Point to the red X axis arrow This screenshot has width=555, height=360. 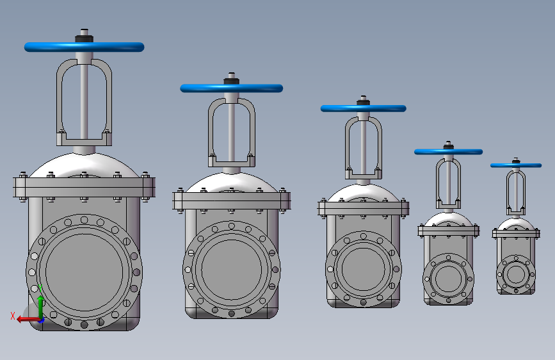point(28,320)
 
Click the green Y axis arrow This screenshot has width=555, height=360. point(40,306)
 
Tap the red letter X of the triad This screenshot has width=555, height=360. point(13,316)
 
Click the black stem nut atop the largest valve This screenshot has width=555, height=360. point(84,38)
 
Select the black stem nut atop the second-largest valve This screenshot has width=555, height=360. point(232,81)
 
